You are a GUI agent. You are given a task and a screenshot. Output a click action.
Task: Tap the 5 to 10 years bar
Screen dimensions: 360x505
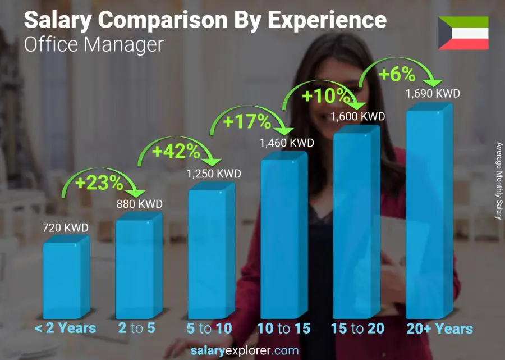coord(211,253)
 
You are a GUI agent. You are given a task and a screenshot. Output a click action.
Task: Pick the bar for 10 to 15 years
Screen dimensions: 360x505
coord(284,236)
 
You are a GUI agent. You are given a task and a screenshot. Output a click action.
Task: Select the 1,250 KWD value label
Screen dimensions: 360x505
coord(214,174)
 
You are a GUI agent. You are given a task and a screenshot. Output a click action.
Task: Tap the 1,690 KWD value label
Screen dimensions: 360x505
coord(433,93)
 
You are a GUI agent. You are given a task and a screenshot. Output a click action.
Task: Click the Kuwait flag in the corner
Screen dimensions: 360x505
coord(463,33)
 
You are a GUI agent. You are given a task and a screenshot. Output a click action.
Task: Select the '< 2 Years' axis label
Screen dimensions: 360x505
coord(65,329)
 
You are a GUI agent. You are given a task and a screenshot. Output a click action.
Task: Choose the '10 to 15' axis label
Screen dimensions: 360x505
coord(284,329)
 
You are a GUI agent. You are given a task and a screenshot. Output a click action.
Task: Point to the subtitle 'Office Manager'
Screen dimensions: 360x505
coord(94,44)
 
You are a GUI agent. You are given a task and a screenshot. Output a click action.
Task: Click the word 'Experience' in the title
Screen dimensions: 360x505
coord(327,20)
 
